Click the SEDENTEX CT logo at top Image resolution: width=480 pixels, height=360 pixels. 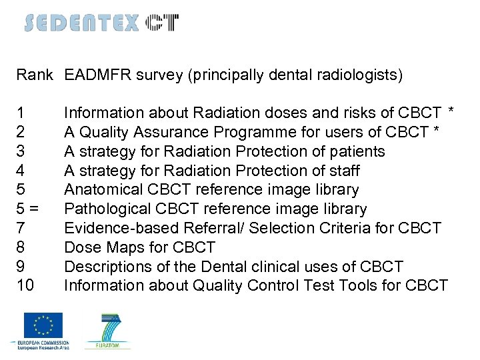[x=101, y=23]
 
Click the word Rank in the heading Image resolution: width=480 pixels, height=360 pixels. [x=34, y=75]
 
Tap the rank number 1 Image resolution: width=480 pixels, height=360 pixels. [x=21, y=113]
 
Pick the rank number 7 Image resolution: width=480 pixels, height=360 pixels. [x=21, y=229]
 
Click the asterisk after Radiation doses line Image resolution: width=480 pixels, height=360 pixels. [x=451, y=111]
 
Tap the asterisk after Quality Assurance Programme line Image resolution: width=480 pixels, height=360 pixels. [x=436, y=130]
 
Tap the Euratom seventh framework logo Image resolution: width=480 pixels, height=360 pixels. [x=107, y=330]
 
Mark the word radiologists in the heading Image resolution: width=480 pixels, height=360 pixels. [x=363, y=75]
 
